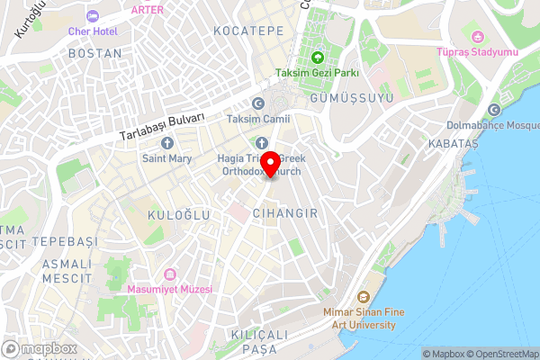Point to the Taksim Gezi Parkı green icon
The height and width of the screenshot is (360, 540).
pyautogui.click(x=318, y=58)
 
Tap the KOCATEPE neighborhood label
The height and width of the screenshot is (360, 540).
pyautogui.click(x=248, y=31)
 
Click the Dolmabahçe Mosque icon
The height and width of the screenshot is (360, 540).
pyautogui.click(x=493, y=111)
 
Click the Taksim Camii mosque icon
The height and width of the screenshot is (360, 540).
pyautogui.click(x=258, y=103)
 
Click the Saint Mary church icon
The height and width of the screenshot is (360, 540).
pyautogui.click(x=166, y=143)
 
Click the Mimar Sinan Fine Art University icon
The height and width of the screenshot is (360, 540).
pyautogui.click(x=362, y=298)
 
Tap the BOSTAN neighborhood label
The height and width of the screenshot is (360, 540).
pyautogui.click(x=94, y=54)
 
